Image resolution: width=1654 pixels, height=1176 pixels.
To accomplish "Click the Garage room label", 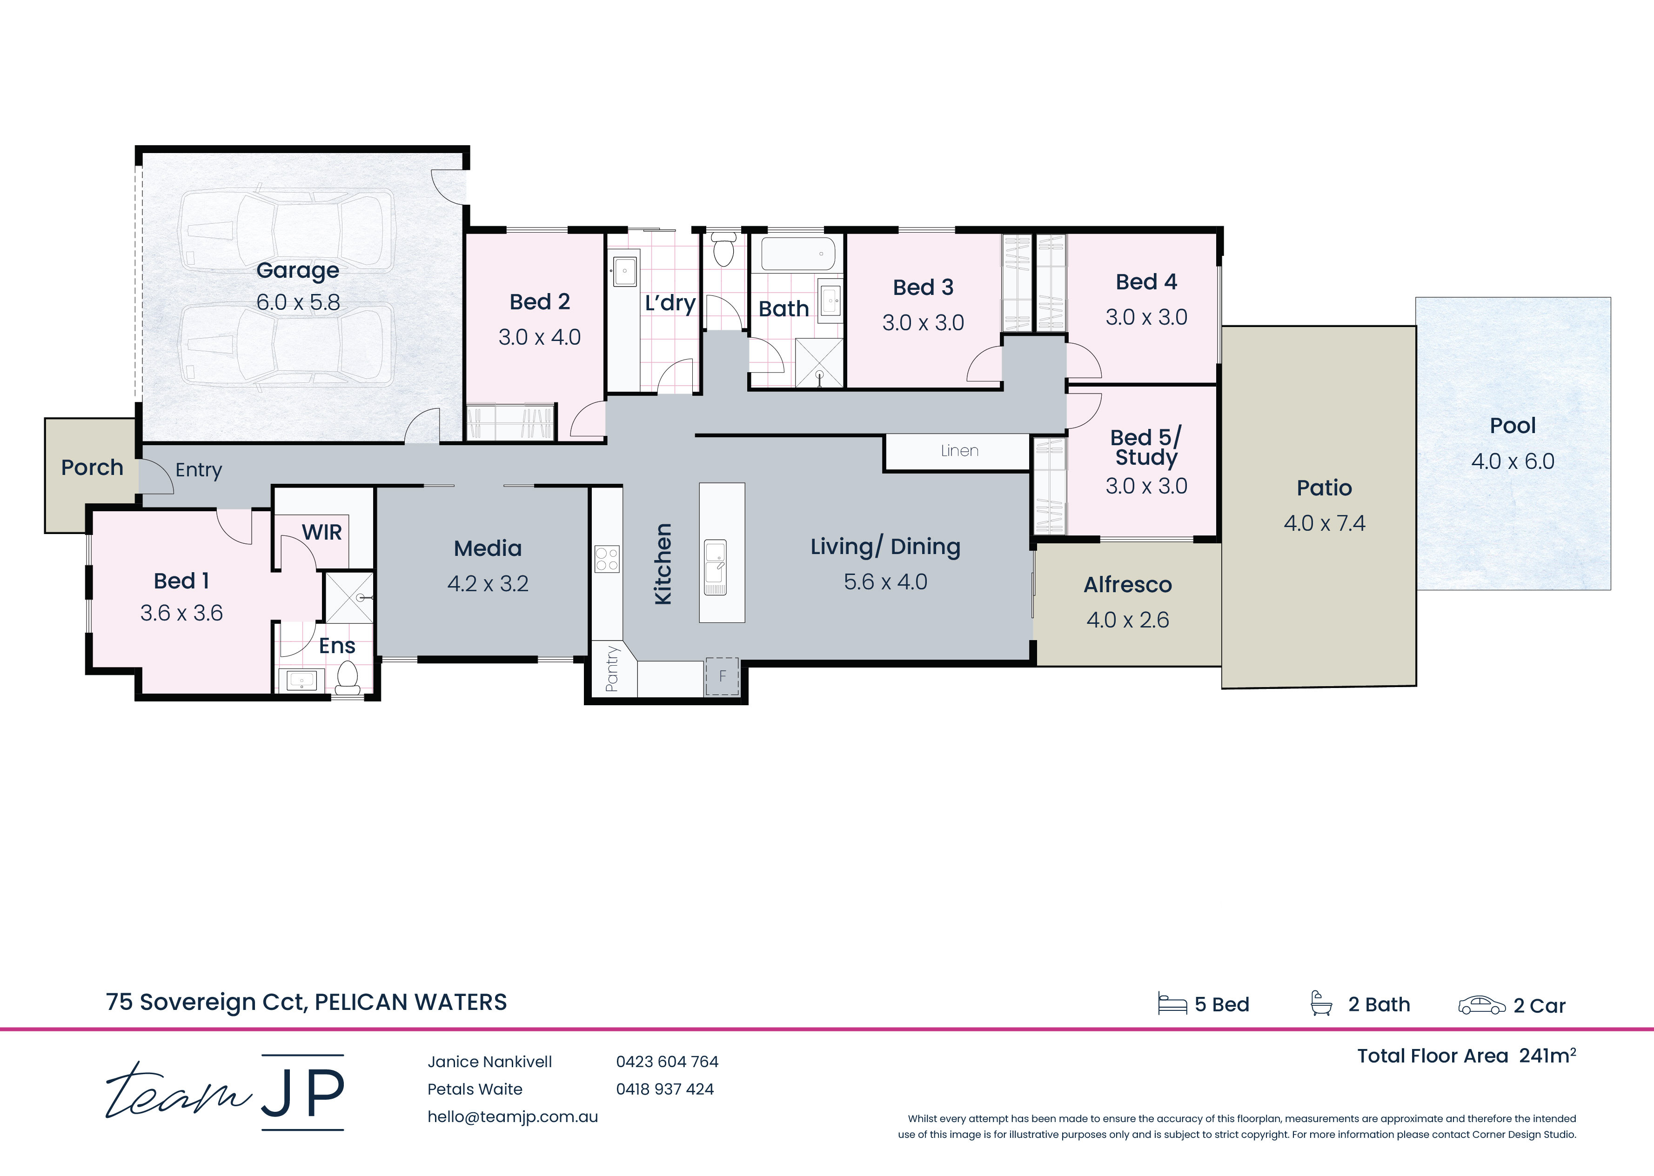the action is click(298, 271).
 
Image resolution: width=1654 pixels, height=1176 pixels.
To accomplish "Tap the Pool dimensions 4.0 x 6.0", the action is click(1513, 461).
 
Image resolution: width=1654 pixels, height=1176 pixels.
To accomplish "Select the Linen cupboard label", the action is click(959, 450).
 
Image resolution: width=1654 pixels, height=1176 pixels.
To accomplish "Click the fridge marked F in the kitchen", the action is click(722, 676).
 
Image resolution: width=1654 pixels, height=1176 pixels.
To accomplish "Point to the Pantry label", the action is click(612, 668).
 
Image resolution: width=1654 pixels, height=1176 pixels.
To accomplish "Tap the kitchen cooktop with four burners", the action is click(607, 558).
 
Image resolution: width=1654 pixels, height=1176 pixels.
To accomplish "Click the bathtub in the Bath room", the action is click(798, 254).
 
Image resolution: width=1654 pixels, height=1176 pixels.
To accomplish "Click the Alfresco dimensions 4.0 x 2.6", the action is click(1127, 620).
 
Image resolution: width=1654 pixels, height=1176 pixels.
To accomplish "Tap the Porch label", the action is click(92, 468).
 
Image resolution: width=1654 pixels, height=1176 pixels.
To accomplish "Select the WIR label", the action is click(321, 532).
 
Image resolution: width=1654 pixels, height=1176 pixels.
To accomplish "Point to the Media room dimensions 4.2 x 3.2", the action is click(488, 584).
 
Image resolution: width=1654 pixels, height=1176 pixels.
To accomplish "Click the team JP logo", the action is click(225, 1092).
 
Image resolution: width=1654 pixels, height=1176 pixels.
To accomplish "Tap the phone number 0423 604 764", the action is click(667, 1062).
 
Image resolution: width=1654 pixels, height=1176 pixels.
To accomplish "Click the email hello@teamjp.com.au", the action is click(513, 1116).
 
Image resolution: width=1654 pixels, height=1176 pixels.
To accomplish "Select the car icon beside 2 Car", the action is click(1482, 1005).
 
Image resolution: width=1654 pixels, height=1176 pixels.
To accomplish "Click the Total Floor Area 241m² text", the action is click(1467, 1056).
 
